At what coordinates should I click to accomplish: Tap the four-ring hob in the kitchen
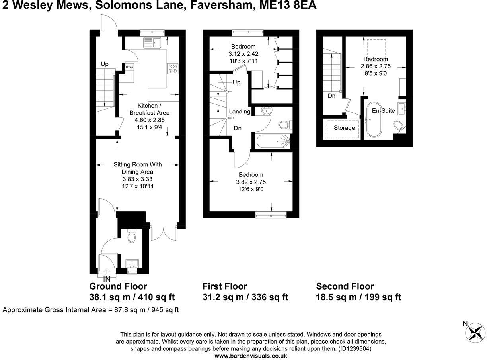pyautogui.click(x=173, y=68)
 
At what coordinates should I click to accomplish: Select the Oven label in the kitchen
pyautogui.click(x=129, y=67)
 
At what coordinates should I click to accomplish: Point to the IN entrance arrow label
pyautogui.click(x=107, y=279)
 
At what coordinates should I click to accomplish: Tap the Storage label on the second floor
pyautogui.click(x=344, y=128)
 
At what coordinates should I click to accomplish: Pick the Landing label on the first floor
pyautogui.click(x=240, y=112)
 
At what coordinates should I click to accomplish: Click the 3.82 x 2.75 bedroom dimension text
pyautogui.click(x=251, y=182)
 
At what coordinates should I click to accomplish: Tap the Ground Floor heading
pyautogui.click(x=118, y=286)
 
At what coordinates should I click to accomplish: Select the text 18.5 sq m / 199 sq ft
pyautogui.click(x=358, y=297)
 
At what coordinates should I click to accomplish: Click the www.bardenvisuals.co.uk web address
pyautogui.click(x=251, y=356)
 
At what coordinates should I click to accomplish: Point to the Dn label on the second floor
pyautogui.click(x=331, y=96)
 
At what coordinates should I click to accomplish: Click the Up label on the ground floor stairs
pyautogui.click(x=105, y=64)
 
